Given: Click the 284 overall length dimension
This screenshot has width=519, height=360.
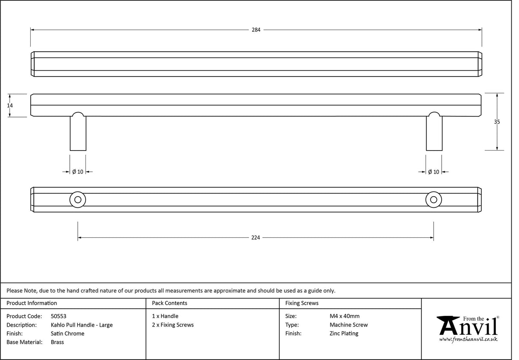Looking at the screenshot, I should point(256,30).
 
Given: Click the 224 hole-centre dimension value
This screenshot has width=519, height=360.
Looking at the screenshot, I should point(256,238).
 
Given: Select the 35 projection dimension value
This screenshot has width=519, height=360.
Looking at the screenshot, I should point(497,122).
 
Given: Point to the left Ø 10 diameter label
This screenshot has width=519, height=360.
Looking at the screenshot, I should point(78,172).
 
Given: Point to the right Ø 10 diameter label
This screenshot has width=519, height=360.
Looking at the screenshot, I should point(433,172).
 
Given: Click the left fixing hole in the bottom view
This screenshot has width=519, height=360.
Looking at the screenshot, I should point(78,200).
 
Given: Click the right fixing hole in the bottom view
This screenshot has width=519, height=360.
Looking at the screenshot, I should point(433,200).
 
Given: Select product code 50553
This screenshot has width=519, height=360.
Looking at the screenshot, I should point(58,316).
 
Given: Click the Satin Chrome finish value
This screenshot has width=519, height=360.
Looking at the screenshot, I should point(68,333).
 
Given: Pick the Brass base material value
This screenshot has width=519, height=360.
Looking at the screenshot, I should point(57,342).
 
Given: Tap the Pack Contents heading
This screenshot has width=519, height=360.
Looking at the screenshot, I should point(169,303).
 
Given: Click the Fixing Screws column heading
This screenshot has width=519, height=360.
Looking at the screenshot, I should point(302,303).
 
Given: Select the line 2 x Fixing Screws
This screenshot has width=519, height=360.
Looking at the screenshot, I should point(173,325).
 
